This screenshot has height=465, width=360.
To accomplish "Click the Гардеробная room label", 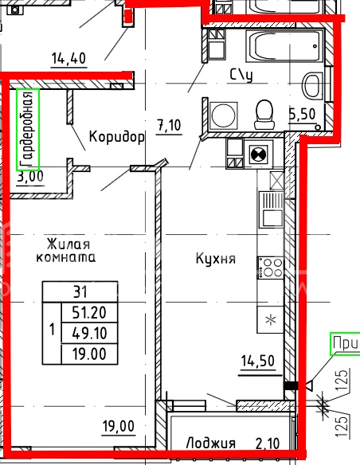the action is pyautogui.click(x=28, y=129).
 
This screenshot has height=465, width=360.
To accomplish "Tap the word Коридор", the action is pyautogui.click(x=117, y=137).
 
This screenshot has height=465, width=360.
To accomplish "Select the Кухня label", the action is pyautogui.click(x=216, y=258).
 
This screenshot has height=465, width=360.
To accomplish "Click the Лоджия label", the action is pyautogui.click(x=210, y=444).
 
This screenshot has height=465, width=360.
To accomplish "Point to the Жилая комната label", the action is pyautogui.click(x=66, y=251).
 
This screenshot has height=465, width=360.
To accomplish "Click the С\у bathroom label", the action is pyautogui.click(x=241, y=76).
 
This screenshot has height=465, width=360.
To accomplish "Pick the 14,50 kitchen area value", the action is pyautogui.click(x=258, y=361).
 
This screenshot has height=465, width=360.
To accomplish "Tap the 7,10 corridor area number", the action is pyautogui.click(x=169, y=125).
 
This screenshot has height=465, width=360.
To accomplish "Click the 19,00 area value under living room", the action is pyautogui.click(x=119, y=426).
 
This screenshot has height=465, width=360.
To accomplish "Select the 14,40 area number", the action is pyautogui.click(x=68, y=58).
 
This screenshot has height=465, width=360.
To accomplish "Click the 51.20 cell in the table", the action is pyautogui.click(x=89, y=313).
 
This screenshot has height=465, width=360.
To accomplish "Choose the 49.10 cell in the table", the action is pyautogui.click(x=89, y=334).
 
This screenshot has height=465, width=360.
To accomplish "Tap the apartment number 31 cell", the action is pyautogui.click(x=80, y=292).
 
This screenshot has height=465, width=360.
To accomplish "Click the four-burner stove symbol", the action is pyautogui.click(x=271, y=268).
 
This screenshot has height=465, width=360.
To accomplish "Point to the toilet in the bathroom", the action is pyautogui.click(x=264, y=115).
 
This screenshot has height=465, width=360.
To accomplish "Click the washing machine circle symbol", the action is pyautogui.click(x=223, y=115).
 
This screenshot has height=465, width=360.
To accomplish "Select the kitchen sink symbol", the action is pyautogui.click(x=272, y=209).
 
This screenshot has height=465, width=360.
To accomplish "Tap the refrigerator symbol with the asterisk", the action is pyautogui.click(x=271, y=319).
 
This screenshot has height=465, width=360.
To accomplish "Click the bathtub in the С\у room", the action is pyautogui.click(x=284, y=45).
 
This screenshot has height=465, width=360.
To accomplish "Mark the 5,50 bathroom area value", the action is pyautogui.click(x=302, y=114).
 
